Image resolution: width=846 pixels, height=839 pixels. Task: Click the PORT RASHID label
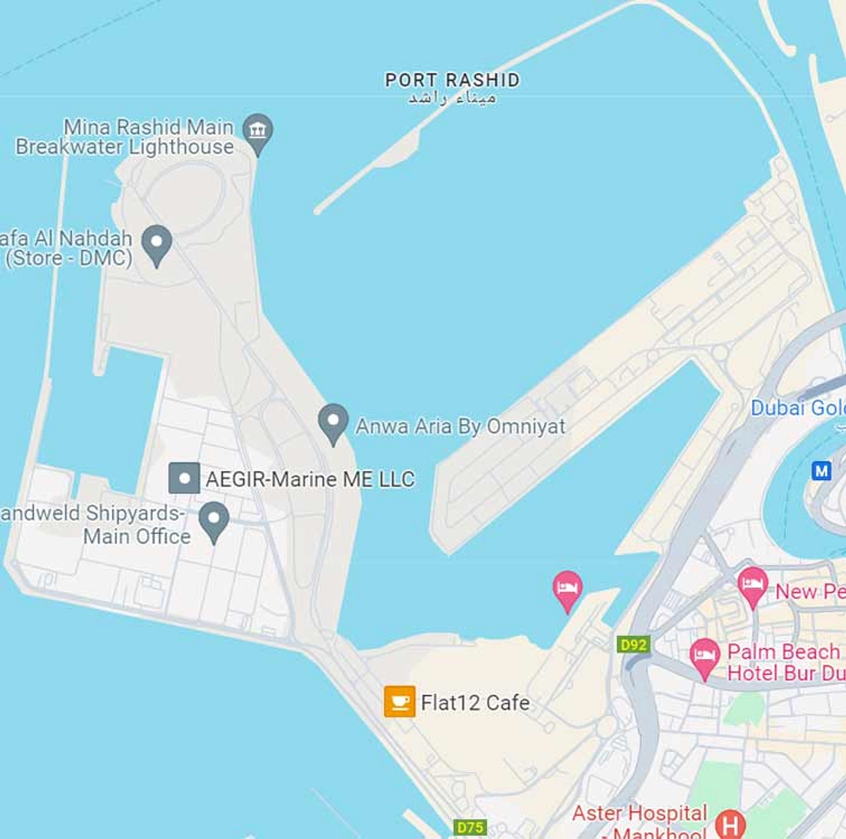pyautogui.click(x=452, y=80)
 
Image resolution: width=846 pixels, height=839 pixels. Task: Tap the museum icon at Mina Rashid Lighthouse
pyautogui.click(x=258, y=131)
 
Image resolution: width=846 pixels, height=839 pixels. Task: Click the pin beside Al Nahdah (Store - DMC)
pyautogui.click(x=157, y=242)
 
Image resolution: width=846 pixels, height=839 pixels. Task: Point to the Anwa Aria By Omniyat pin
pyautogui.click(x=333, y=421)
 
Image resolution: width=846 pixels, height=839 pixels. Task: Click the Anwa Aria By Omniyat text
pyautogui.click(x=460, y=426)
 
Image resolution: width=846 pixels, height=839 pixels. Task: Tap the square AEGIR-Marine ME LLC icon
pyautogui.click(x=184, y=478)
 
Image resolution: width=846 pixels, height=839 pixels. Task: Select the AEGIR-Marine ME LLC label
pyautogui.click(x=310, y=479)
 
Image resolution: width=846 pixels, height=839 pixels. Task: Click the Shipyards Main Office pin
pyautogui.click(x=214, y=519)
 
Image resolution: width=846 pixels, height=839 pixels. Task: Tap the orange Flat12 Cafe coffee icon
pyautogui.click(x=399, y=702)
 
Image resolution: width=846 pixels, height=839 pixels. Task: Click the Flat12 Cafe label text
pyautogui.click(x=475, y=703)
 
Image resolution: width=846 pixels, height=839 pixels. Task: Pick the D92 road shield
pyautogui.click(x=633, y=645)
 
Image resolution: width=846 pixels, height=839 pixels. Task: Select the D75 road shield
pyautogui.click(x=470, y=827)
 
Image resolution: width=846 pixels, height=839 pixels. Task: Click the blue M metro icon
pyautogui.click(x=822, y=470)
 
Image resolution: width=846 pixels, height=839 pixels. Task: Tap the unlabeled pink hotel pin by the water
pyautogui.click(x=567, y=588)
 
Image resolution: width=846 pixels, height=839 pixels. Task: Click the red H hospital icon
pyautogui.click(x=730, y=825)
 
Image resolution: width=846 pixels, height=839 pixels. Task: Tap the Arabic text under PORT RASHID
pyautogui.click(x=452, y=98)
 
